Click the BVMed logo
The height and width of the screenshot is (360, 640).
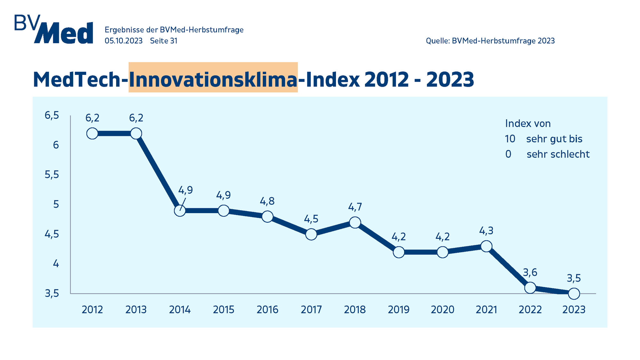pos(54,29)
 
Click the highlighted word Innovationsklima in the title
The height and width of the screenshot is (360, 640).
pos(213,79)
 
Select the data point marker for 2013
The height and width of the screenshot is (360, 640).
pos(136,133)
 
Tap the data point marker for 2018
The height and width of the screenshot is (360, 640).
pos(355,222)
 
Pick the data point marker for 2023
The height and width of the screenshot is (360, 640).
pos(574,293)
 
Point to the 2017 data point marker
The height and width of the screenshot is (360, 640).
pos(311,234)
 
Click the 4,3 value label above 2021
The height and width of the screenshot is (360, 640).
pos(486,230)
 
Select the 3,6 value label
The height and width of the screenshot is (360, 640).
pos(530,272)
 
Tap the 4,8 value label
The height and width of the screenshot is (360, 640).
pos(267,201)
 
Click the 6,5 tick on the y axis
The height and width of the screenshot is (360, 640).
pos(52,115)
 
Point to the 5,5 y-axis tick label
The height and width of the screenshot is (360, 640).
pos(52,175)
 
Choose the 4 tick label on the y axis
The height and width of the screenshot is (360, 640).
pos(56,264)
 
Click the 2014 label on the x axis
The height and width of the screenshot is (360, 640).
pos(180,309)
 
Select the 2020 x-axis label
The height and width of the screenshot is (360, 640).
pos(442,309)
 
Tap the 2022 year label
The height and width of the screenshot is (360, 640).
pos(530,309)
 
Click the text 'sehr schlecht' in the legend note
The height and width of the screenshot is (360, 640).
pos(558,154)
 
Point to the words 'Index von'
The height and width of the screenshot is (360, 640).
pos(528,124)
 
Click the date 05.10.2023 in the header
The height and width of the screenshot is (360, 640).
pos(124,41)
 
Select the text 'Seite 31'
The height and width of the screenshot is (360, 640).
pos(164,41)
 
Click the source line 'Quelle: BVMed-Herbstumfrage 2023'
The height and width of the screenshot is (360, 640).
pos(490,41)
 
